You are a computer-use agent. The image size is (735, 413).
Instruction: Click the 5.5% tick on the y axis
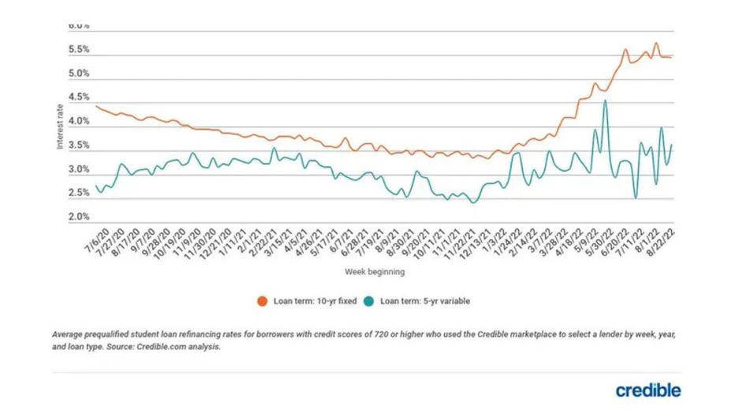click(79, 50)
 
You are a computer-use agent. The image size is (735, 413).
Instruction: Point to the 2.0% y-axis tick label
click(79, 217)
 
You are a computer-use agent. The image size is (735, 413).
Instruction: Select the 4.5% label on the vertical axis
click(79, 98)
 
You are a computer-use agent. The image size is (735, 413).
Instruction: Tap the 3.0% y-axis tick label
click(79, 169)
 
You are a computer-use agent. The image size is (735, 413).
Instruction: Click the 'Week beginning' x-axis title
click(375, 272)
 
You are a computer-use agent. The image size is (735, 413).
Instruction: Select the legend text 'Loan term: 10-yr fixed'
click(311, 300)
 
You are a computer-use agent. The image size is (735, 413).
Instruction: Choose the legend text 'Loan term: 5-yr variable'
click(425, 300)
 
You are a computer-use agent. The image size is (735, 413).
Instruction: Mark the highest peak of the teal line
click(605, 100)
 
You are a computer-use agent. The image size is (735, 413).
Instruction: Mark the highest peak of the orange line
click(655, 43)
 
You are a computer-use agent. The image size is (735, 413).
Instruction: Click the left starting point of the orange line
click(95, 106)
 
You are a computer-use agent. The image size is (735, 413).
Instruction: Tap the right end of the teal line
click(672, 144)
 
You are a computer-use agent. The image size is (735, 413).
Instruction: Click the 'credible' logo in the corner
click(648, 390)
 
